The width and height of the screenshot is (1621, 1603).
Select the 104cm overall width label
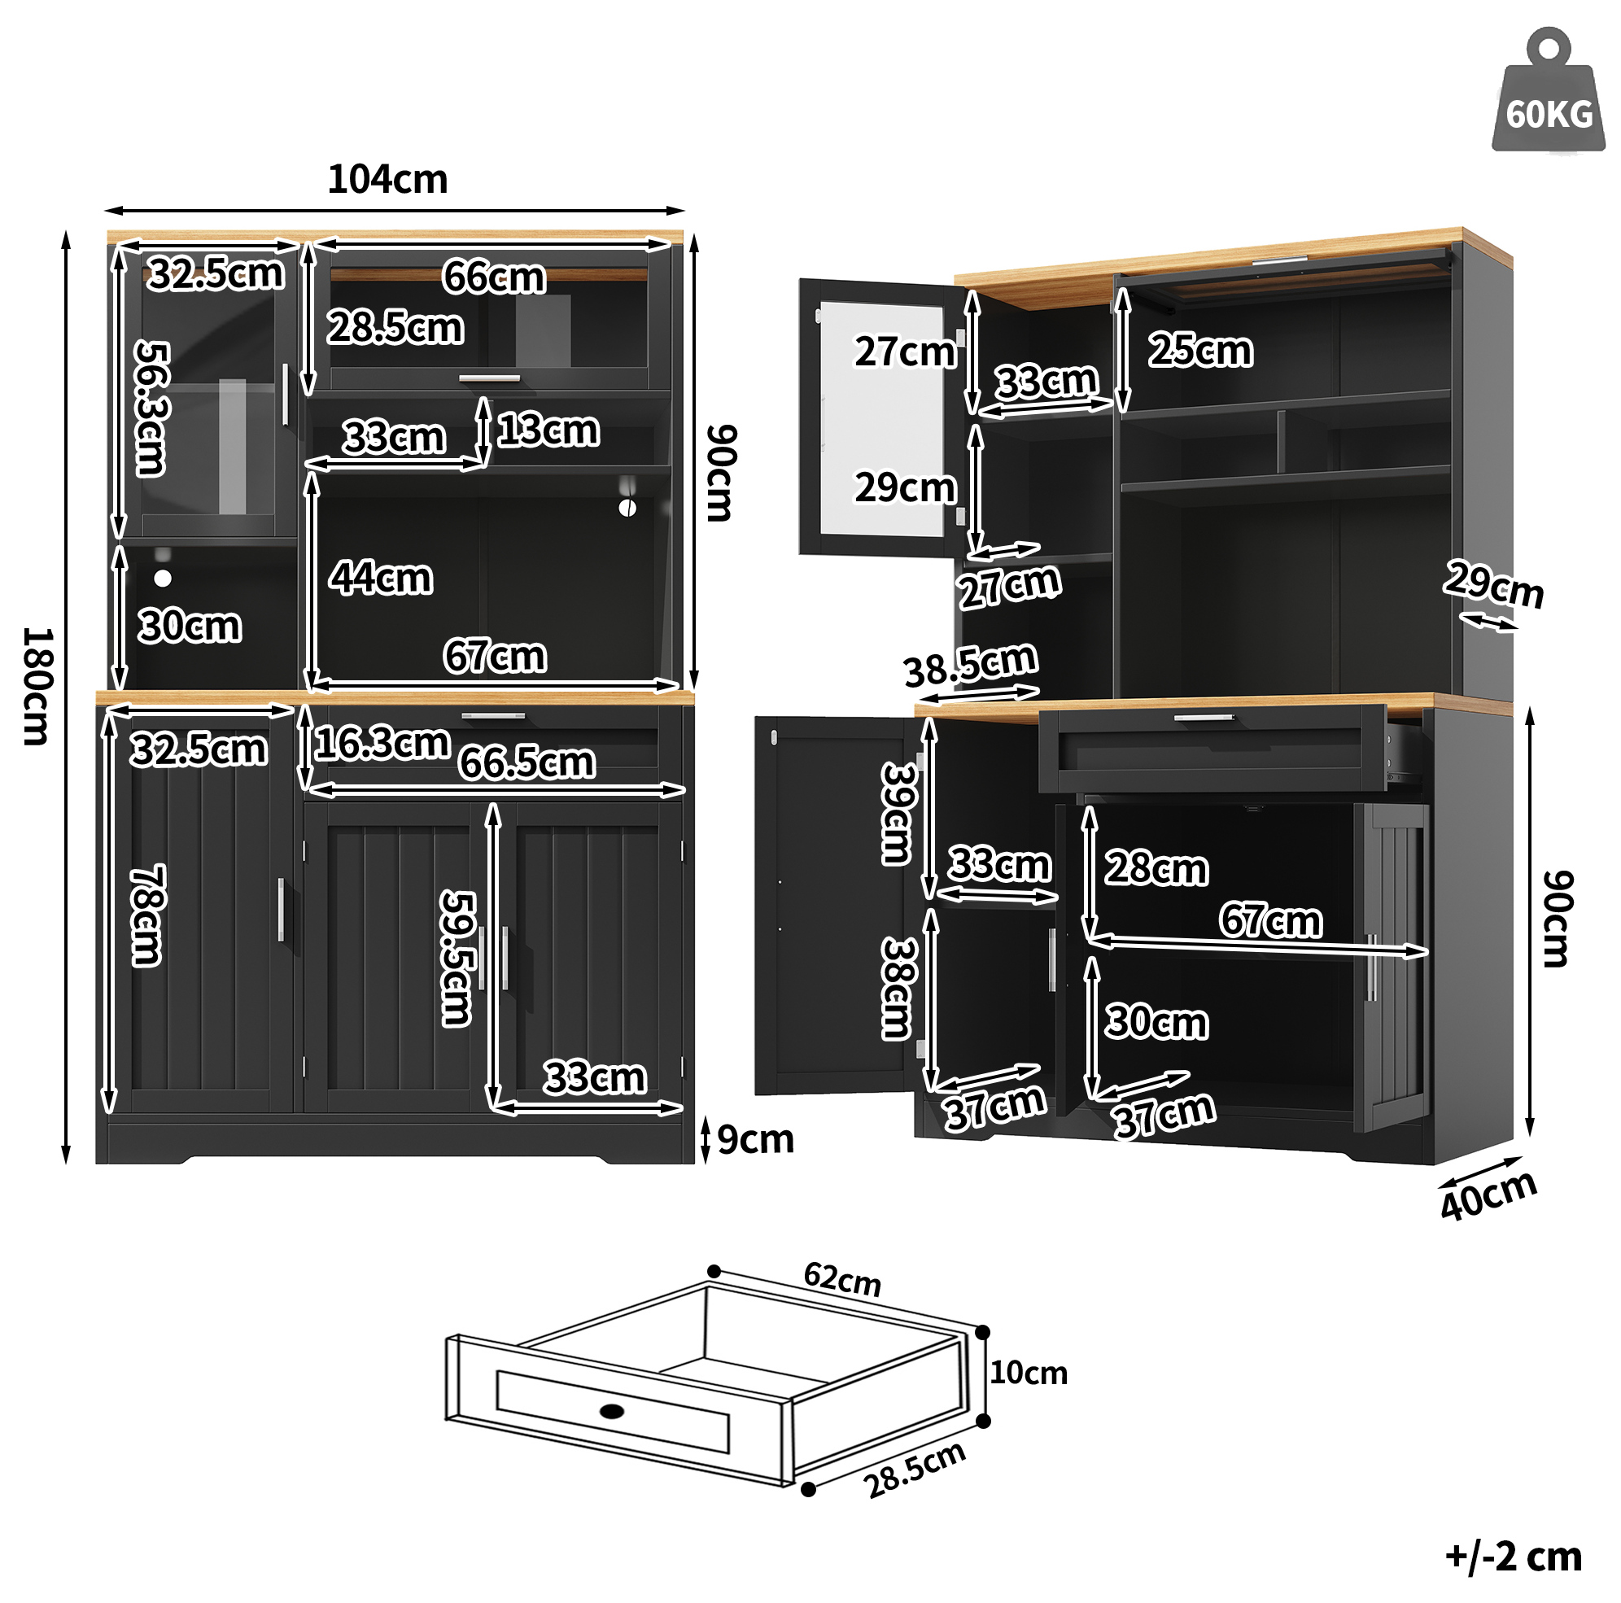[x=387, y=180]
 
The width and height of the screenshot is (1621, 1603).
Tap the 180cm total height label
[x=37, y=685]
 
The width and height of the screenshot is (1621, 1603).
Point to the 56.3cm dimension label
[x=153, y=408]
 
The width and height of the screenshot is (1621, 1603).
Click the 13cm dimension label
[x=548, y=430]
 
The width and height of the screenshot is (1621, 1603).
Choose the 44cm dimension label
[x=381, y=578]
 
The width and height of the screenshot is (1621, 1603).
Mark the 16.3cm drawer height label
[x=382, y=742]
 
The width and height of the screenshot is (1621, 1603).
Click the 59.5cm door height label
[x=458, y=958]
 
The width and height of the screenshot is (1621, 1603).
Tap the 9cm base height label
[x=755, y=1139]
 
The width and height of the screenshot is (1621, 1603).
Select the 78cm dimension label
[x=147, y=915]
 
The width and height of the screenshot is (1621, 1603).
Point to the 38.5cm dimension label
[x=971, y=665]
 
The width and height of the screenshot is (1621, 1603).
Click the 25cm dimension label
[x=1200, y=350]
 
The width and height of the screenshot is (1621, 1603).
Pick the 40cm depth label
[x=1488, y=1195]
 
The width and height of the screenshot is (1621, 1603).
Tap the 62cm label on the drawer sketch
[x=842, y=1279]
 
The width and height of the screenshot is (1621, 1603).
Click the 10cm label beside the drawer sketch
[x=1029, y=1374]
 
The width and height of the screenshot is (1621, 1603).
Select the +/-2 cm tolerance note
[x=1514, y=1557]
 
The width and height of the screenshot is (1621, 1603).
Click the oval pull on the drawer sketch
[x=613, y=1411]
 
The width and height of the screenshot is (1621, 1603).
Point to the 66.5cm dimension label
[x=527, y=762]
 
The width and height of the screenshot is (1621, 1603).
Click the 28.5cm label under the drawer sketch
[x=915, y=1470]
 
